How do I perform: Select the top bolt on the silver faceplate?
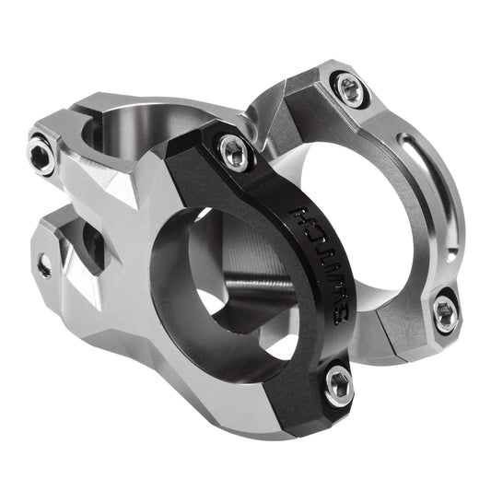[x=350, y=88]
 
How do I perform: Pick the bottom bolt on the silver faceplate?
[x=445, y=313]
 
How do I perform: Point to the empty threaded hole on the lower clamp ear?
[x=43, y=265]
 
